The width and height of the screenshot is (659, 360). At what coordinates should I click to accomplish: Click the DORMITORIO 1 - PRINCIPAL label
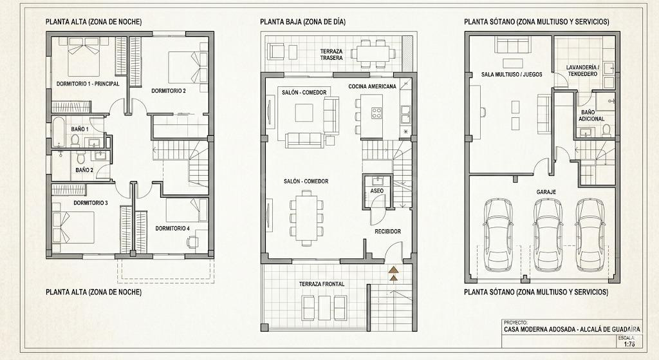pos(88,84)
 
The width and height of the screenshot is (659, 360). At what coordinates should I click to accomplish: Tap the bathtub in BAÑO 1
pos(58,131)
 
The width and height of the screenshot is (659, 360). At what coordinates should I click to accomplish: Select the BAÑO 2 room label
pos(84,170)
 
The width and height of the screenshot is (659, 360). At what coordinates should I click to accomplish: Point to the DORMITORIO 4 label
pos(172,229)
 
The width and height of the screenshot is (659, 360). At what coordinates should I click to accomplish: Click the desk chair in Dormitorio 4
pos(192,242)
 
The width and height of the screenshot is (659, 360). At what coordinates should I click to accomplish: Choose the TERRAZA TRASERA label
pos(331,54)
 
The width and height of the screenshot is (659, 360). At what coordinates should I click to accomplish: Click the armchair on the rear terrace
pos(277,52)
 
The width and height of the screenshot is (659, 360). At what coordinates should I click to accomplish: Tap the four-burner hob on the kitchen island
pos(376,112)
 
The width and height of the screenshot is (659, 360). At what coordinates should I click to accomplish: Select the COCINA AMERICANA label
pos(372,86)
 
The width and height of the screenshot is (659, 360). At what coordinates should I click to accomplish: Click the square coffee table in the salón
pos(304,112)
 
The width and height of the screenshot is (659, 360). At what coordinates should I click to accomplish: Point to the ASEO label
pos(377,191)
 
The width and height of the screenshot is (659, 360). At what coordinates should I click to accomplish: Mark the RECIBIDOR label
pos(387,231)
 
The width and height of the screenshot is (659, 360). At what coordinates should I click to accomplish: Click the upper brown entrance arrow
pos(393,270)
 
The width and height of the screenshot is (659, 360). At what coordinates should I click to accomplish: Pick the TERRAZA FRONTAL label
pos(322,284)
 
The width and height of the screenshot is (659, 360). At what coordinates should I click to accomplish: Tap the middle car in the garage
pos(548,235)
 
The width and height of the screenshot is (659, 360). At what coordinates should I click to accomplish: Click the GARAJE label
pos(546,192)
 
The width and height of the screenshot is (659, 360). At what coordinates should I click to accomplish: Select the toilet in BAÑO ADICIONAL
pos(606,131)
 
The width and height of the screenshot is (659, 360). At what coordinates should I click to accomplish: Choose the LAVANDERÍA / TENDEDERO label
pos(582,70)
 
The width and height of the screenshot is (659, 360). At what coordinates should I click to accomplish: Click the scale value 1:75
pos(629,344)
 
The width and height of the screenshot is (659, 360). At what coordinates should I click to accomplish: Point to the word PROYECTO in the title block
pos(515,323)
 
